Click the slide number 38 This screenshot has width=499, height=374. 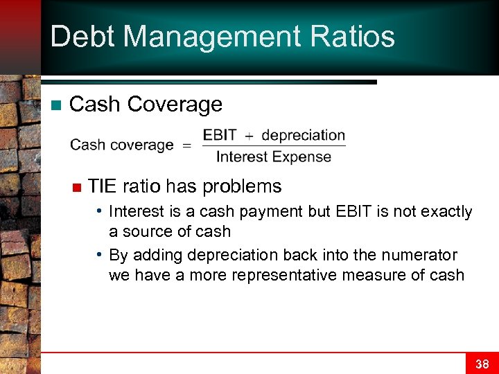(x=482, y=364)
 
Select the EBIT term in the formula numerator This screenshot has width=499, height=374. (x=220, y=135)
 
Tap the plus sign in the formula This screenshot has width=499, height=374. (x=249, y=136)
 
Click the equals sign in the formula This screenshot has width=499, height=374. (x=186, y=145)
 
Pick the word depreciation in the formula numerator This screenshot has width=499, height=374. (x=303, y=135)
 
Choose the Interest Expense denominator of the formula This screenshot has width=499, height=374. (x=274, y=157)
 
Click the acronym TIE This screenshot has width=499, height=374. (x=103, y=186)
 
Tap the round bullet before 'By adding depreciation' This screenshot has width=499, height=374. (x=100, y=254)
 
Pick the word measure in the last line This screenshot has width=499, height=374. (x=398, y=275)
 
